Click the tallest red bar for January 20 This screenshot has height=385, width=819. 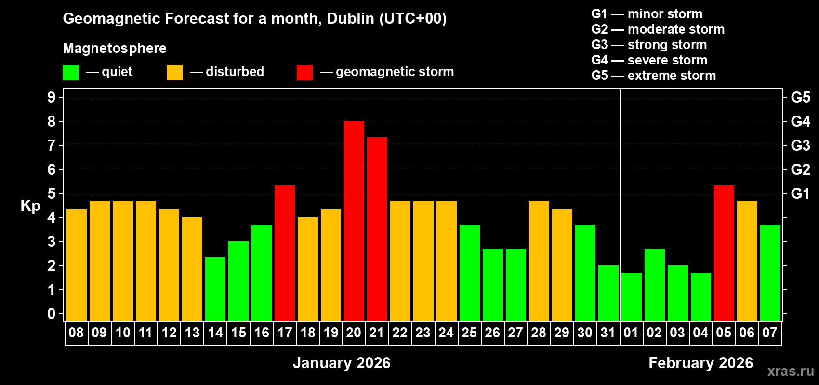354,221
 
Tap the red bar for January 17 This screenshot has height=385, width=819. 285,253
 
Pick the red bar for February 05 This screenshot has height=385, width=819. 724,253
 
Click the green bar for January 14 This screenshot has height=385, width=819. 215,289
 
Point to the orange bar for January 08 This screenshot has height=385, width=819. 77,265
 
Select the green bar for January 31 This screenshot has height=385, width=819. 608,293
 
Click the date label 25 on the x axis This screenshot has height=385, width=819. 469,333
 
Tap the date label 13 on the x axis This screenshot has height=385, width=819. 192,333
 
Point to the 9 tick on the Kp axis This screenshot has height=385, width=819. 52,97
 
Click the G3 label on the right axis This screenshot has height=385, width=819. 800,145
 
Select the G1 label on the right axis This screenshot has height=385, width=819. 800,193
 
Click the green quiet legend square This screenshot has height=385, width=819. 71,73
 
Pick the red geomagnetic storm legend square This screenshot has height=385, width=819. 304,73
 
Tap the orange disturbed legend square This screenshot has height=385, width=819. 174,73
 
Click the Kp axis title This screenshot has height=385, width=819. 30,206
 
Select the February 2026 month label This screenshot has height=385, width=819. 700,363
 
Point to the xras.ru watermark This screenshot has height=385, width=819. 791,371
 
